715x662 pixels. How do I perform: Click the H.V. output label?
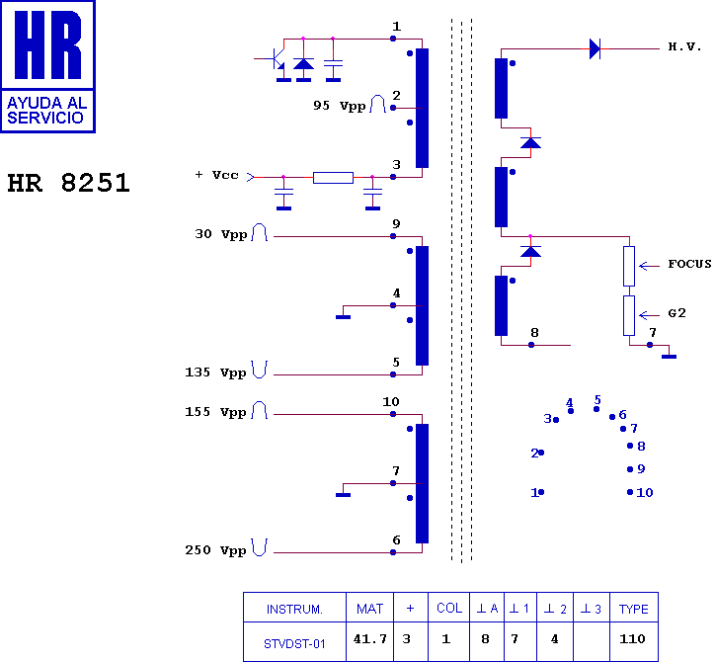(x=684, y=46)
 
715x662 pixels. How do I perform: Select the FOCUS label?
(x=689, y=264)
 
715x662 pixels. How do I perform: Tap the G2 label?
(x=676, y=313)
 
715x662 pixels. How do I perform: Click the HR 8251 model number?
(x=69, y=183)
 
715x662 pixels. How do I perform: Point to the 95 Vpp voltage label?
(x=340, y=106)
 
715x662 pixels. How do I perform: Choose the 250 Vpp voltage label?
(x=215, y=550)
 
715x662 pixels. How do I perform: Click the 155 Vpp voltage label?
(x=215, y=412)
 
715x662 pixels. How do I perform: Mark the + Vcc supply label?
(x=216, y=175)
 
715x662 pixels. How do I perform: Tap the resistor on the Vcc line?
(x=334, y=178)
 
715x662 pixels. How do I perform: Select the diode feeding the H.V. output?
(x=596, y=48)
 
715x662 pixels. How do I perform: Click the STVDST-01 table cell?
(x=294, y=644)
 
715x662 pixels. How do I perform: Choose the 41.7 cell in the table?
(x=369, y=638)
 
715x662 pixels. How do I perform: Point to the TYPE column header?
(x=633, y=609)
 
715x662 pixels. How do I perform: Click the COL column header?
(x=449, y=609)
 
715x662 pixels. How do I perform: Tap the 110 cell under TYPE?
(x=632, y=638)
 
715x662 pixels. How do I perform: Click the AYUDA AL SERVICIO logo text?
(x=47, y=111)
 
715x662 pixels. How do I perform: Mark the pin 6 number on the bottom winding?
(x=396, y=540)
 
